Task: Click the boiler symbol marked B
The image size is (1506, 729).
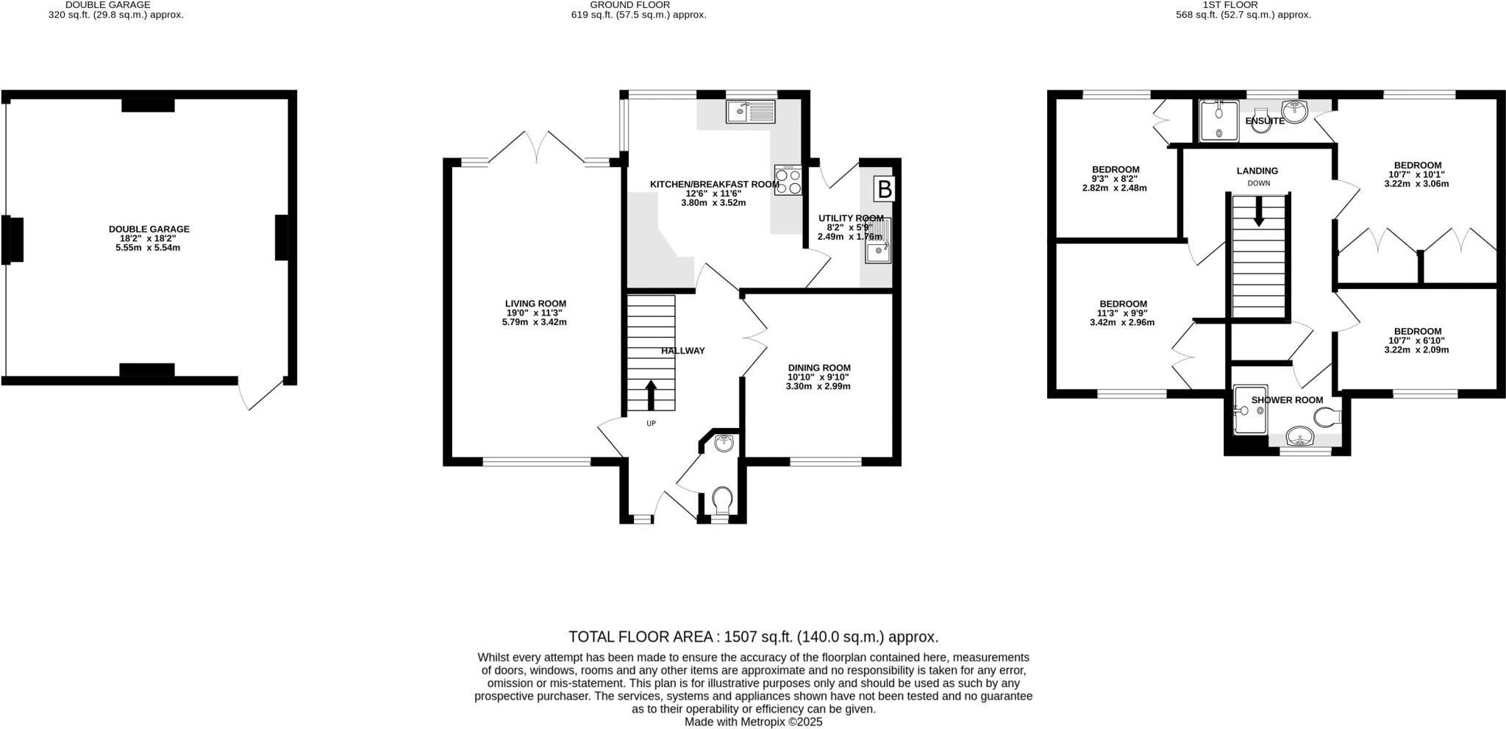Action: tap(885, 189)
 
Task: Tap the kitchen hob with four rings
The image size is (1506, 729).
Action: tap(788, 181)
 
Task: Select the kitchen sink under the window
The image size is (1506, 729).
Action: tap(750, 112)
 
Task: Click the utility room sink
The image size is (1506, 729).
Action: tap(878, 252)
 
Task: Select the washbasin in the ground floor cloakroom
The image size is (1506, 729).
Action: tap(724, 443)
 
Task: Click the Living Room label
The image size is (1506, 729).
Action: tap(535, 303)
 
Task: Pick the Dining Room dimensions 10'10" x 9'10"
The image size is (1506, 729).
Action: tap(818, 377)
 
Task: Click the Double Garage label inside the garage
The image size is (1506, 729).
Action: tap(149, 229)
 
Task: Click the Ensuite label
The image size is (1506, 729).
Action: tap(1265, 121)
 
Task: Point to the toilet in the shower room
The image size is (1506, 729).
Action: tap(1328, 419)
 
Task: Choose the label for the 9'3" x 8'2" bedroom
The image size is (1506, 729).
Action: tap(1115, 169)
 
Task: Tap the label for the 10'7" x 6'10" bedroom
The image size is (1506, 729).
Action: tap(1416, 331)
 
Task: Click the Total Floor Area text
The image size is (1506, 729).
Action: tap(753, 636)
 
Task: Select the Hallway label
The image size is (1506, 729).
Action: tap(682, 351)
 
